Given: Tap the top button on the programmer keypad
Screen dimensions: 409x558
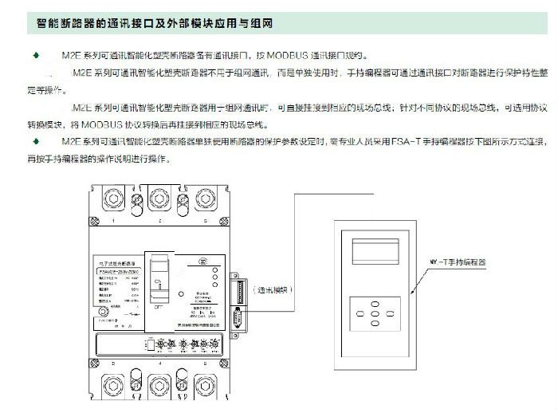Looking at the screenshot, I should (x=375, y=302).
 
